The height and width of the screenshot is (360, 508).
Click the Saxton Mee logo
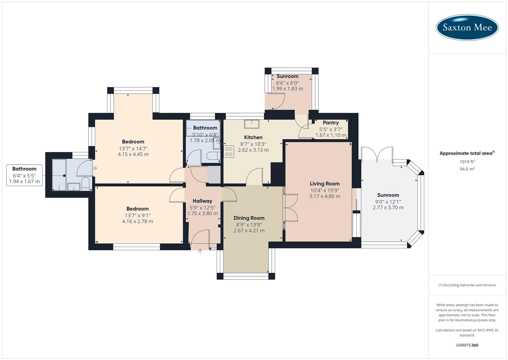click(467, 27)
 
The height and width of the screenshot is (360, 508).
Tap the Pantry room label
click(330, 123)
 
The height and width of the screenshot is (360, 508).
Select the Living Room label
click(324, 184)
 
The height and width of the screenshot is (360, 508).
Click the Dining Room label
click(249, 218)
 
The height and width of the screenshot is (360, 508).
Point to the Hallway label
click(202, 201)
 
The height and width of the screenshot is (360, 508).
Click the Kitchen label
click(253, 137)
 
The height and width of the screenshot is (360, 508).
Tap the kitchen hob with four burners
click(229, 152)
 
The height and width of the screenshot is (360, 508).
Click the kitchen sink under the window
click(252, 124)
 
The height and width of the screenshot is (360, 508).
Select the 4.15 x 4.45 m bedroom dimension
click(133, 154)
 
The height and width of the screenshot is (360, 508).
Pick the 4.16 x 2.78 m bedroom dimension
click(137, 221)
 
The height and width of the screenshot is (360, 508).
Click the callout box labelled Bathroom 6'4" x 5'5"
click(24, 175)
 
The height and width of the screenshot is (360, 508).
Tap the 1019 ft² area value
click(467, 162)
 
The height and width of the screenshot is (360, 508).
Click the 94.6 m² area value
click(467, 169)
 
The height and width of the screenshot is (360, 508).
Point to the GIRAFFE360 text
click(467, 345)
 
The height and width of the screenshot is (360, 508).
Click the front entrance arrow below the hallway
click(200, 251)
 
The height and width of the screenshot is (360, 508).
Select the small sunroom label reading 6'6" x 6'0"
click(287, 83)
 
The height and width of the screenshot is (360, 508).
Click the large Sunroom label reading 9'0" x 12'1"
click(388, 201)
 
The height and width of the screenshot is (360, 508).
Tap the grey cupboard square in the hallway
click(214, 174)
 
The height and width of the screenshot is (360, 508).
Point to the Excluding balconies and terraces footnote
click(467, 285)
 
